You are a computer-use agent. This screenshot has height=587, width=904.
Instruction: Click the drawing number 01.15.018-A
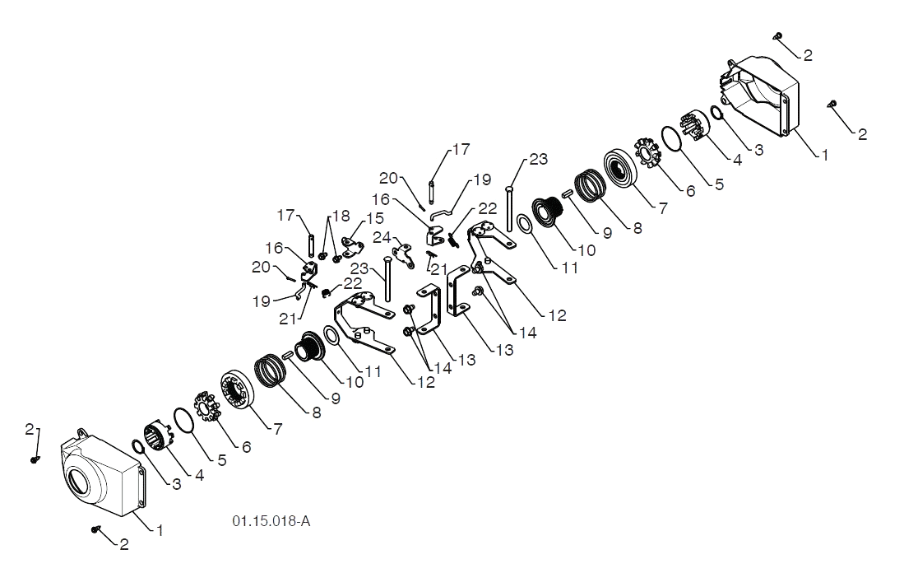[x=271, y=520]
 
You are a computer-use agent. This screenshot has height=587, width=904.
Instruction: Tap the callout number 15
[x=375, y=219]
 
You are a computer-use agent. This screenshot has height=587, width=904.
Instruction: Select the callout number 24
[x=382, y=237]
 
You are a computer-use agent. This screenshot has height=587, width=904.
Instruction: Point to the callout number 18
[x=341, y=216]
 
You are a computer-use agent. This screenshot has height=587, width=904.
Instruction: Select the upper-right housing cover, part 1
[x=760, y=96]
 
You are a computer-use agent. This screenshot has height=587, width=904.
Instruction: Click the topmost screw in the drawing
[x=778, y=35]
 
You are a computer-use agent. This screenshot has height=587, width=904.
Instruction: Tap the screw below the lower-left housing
[x=95, y=529]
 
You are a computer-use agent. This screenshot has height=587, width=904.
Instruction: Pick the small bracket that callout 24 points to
[x=404, y=256]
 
